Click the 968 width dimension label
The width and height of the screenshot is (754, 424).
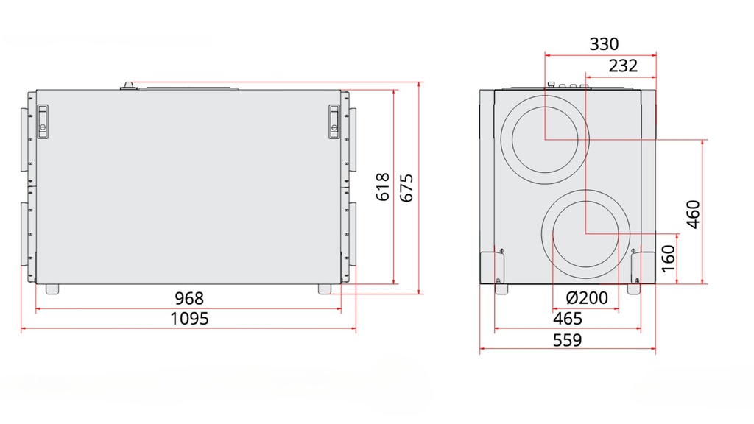(189, 298)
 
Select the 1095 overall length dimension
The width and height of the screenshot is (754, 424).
(189, 319)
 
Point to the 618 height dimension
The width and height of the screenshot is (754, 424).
(383, 187)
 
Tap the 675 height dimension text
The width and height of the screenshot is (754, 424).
(406, 188)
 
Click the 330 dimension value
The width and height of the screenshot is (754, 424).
(604, 44)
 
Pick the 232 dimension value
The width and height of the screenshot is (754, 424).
(623, 66)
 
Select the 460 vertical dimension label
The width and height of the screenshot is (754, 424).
(693, 214)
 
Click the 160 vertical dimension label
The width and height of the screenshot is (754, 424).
(668, 258)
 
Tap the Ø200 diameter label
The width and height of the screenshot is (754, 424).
(587, 298)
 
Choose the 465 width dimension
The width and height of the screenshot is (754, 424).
(568, 319)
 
